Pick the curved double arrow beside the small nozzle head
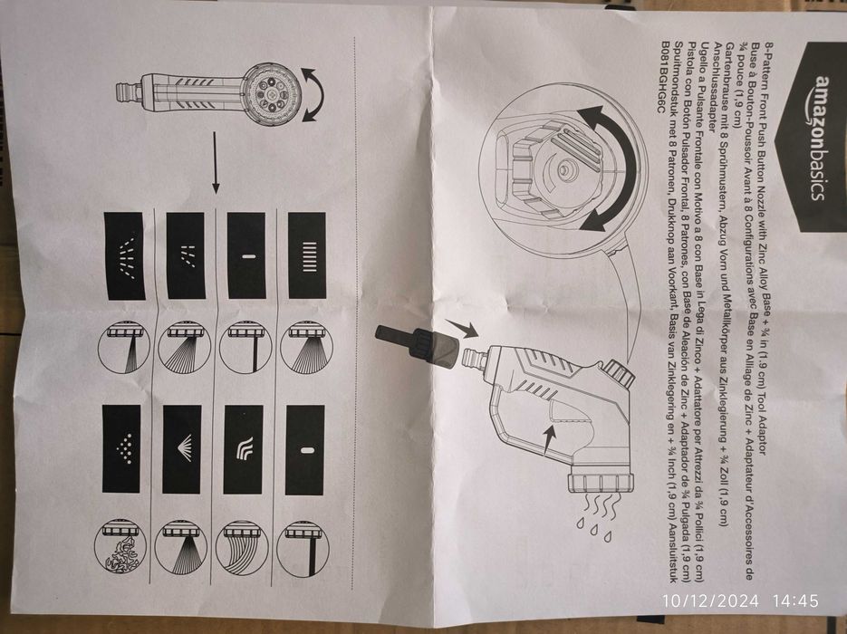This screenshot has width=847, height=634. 312,97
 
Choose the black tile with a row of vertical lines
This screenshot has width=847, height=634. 306,255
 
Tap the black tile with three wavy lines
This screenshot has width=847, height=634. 244,448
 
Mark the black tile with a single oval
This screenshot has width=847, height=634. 304,449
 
